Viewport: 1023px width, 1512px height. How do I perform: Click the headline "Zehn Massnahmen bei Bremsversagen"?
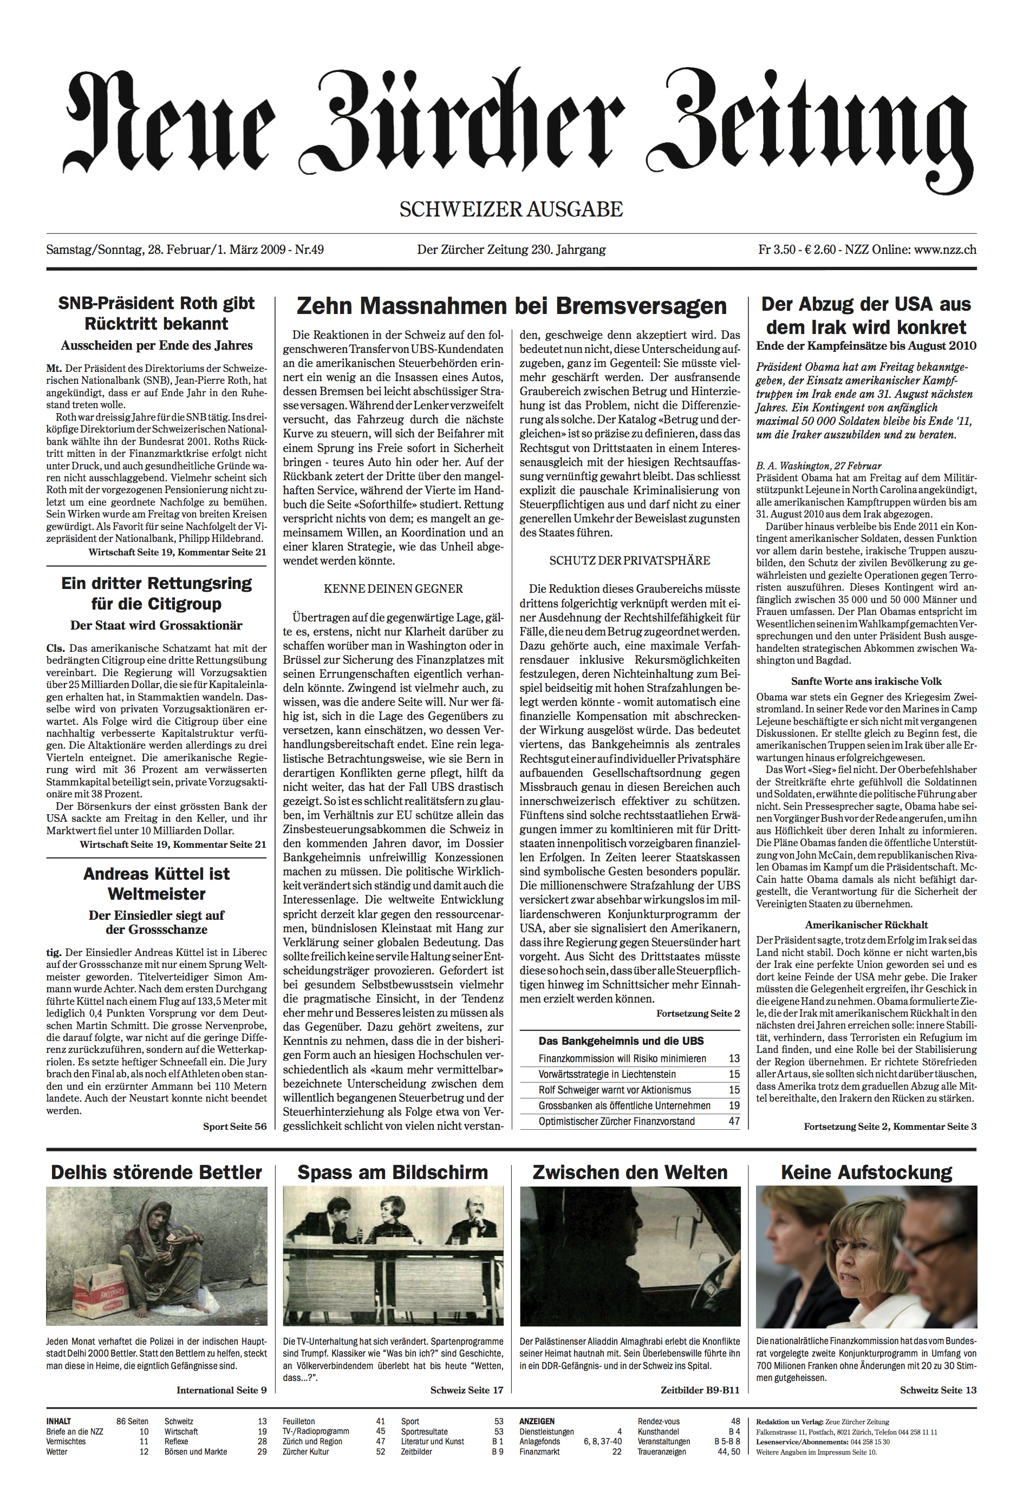point(511,305)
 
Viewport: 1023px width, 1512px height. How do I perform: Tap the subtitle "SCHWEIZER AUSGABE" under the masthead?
point(511,209)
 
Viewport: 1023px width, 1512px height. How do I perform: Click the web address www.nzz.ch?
point(945,250)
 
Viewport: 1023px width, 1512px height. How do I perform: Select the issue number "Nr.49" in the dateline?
point(309,250)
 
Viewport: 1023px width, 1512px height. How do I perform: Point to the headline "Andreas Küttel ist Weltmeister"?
point(156,883)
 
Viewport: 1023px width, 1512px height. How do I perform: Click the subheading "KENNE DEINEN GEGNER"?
point(393,589)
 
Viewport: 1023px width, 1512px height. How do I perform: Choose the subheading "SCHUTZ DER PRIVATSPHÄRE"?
point(629,560)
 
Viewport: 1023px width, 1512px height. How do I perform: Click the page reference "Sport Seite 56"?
point(234,1127)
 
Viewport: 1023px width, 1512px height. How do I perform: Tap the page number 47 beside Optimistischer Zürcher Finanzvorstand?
point(734,1121)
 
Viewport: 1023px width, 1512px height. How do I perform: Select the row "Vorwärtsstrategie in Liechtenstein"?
point(607,1074)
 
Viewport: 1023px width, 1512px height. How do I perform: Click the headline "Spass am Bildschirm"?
point(393,1173)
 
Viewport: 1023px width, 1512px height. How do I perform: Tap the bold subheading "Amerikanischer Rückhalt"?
point(865,925)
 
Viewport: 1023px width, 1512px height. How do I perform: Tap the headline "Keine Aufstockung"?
point(866,1173)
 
